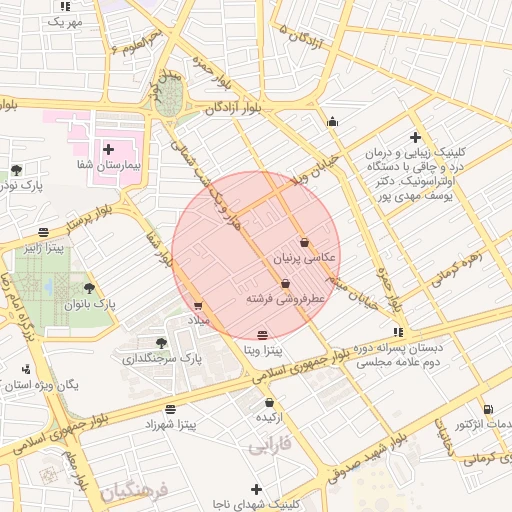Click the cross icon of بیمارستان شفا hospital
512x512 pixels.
(108, 149)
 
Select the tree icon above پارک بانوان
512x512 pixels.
(89, 288)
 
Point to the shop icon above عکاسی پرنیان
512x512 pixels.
(304, 242)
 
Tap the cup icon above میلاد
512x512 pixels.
(197, 306)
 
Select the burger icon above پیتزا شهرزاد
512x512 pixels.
(170, 409)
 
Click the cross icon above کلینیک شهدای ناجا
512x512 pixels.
(257, 489)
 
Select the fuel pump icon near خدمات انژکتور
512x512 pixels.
(487, 408)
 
